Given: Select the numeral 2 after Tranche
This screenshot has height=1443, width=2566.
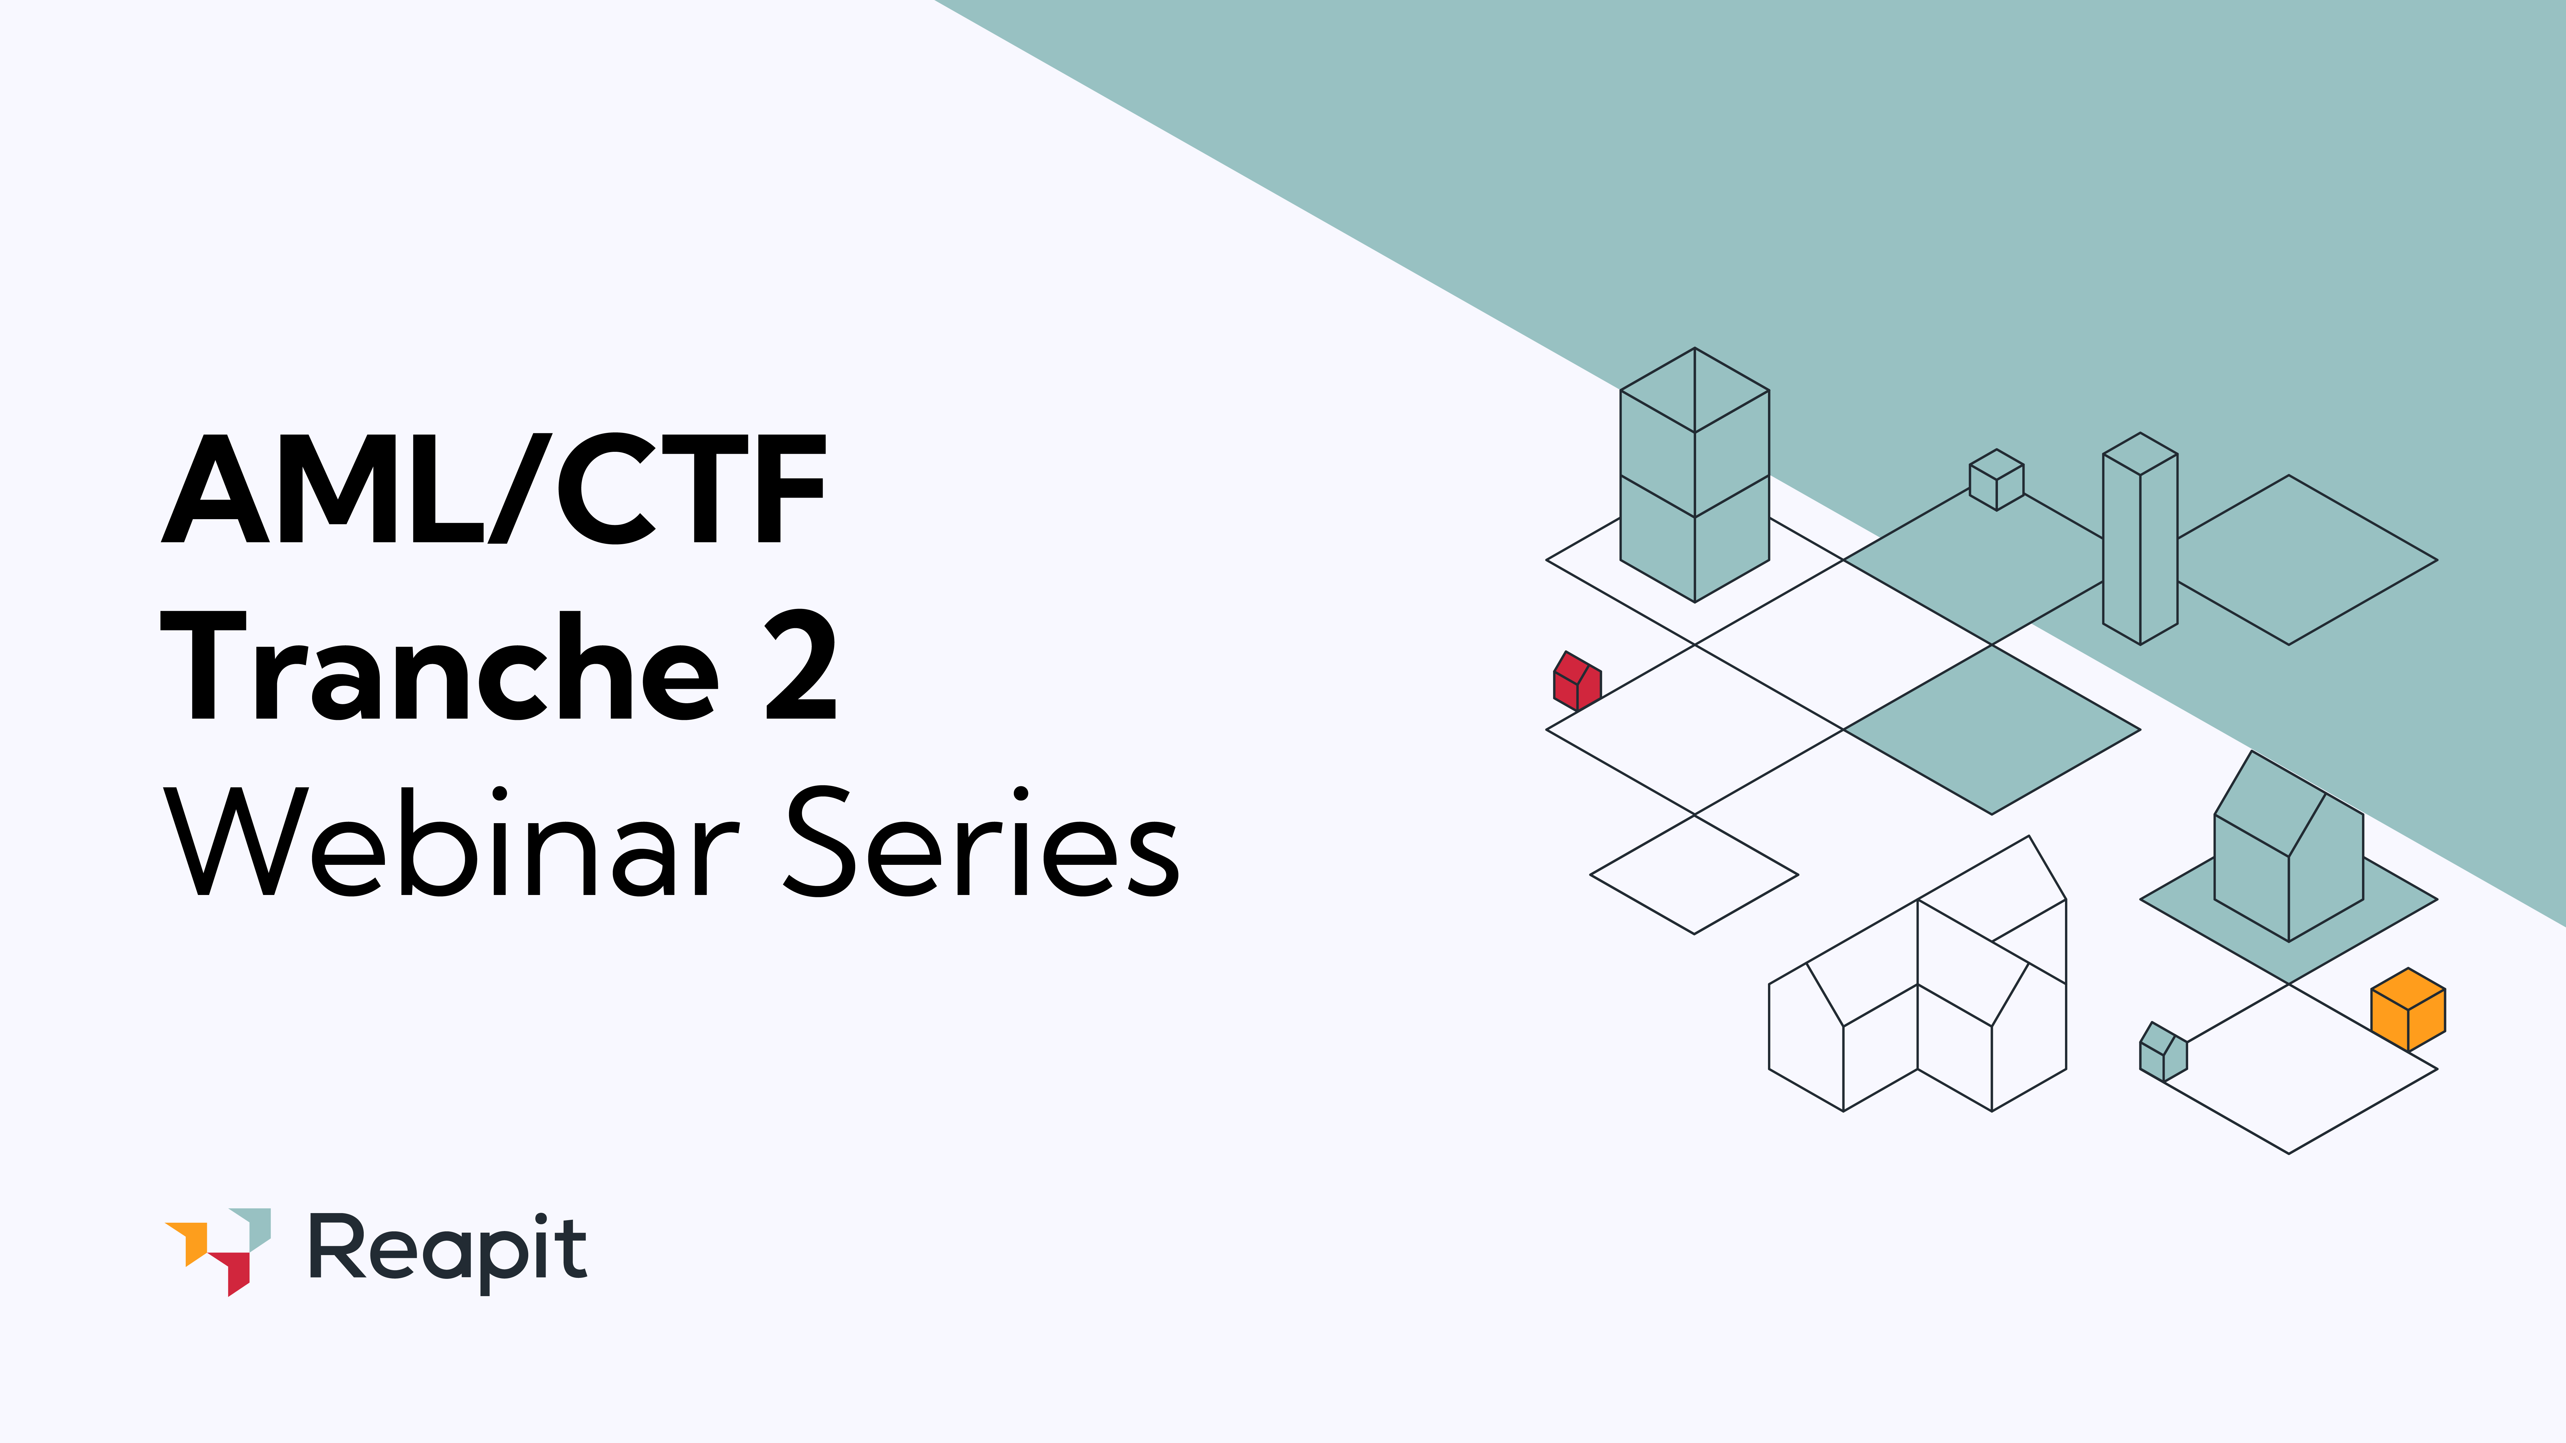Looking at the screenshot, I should pyautogui.click(x=800, y=665).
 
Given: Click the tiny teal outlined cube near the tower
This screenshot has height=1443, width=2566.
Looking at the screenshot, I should pyautogui.click(x=1996, y=480).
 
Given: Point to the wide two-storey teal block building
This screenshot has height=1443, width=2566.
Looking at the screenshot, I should pyautogui.click(x=1695, y=476).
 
